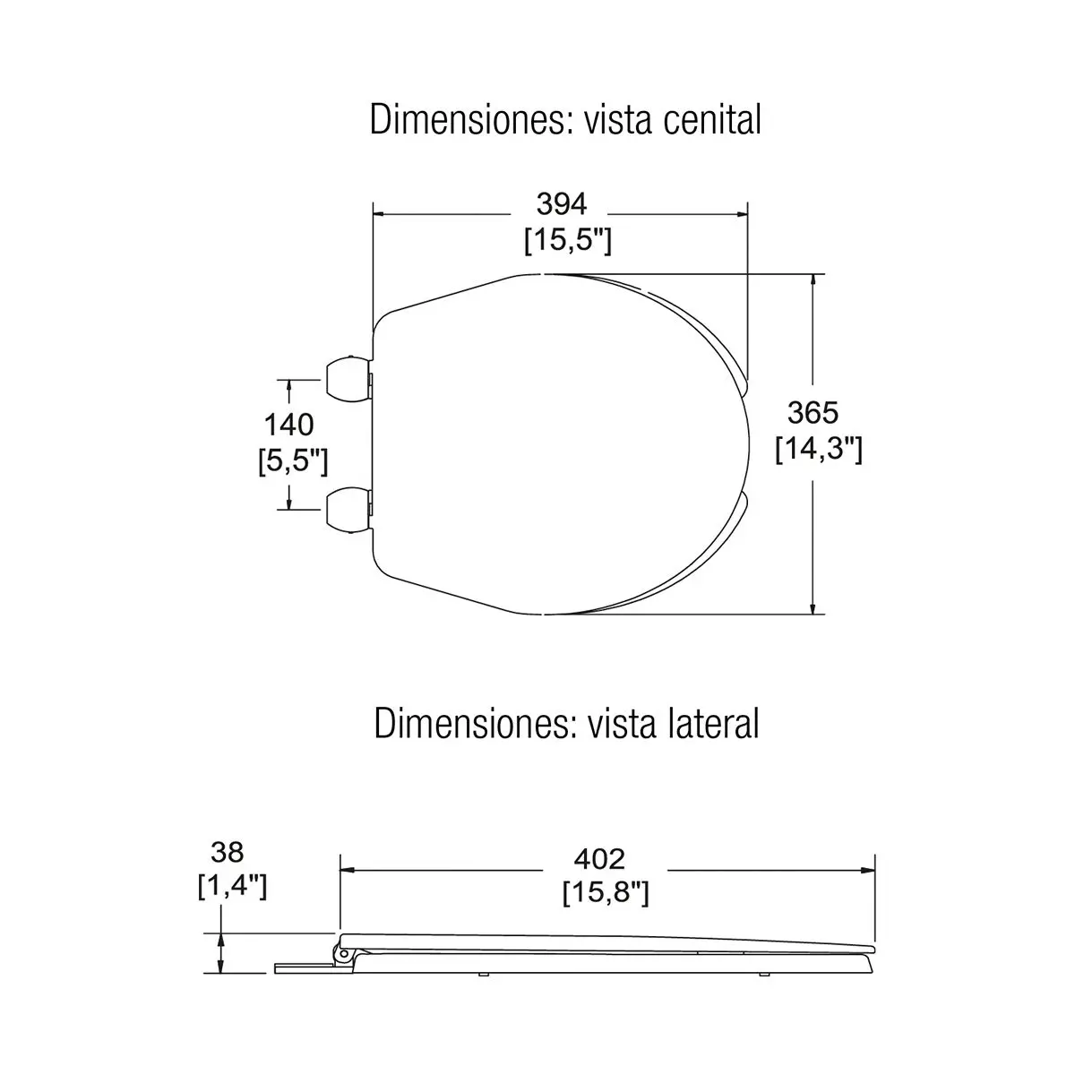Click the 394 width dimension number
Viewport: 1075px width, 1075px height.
[561, 204]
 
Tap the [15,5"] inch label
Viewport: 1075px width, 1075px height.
[567, 241]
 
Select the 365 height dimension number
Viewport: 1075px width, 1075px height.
[813, 413]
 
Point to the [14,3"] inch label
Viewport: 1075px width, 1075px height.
[819, 449]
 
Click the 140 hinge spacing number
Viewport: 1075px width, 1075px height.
[289, 426]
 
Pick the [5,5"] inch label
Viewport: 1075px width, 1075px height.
[293, 461]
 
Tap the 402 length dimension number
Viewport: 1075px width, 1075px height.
[599, 860]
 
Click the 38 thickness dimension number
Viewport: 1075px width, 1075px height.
[227, 852]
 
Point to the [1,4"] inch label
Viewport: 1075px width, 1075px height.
[233, 886]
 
